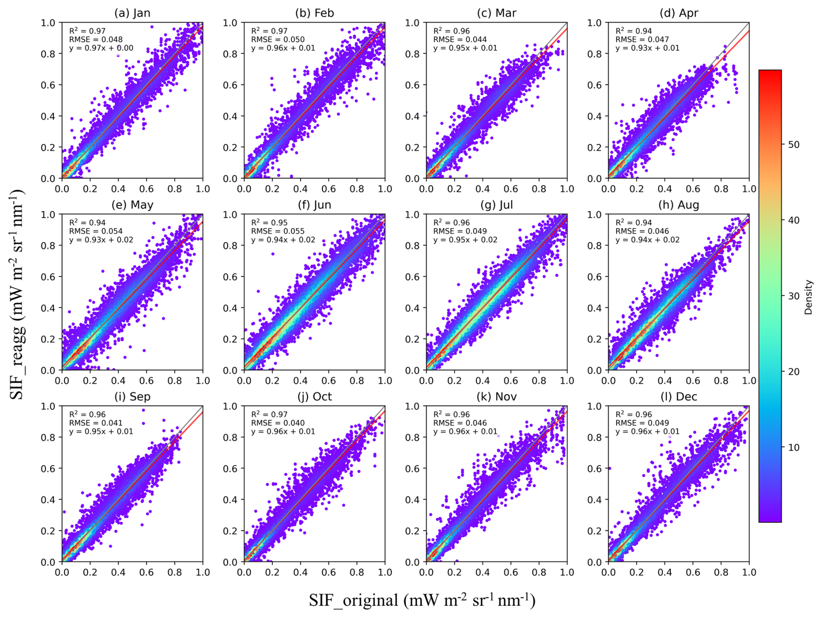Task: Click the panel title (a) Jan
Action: pos(132,13)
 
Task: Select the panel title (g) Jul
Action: pos(496,205)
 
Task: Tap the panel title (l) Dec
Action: pos(679,396)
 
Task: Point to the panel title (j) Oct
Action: pos(314,396)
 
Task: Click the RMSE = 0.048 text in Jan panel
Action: pos(96,40)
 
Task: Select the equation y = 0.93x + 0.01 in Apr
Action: pos(647,48)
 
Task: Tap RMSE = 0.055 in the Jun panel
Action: pos(278,231)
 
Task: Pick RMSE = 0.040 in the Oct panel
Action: pos(278,423)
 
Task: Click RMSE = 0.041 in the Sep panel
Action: pos(96,423)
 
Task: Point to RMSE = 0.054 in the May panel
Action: pos(96,231)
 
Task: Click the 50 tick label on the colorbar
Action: pos(793,145)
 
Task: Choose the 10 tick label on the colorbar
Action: pos(793,447)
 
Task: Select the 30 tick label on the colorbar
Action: pos(793,296)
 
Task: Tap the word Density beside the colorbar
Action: pos(808,297)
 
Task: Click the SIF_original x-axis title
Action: pos(422,600)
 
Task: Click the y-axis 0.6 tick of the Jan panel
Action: pos(48,85)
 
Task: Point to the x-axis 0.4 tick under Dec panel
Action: pos(665,572)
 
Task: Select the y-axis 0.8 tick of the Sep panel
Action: pos(48,437)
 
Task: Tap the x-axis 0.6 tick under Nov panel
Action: pos(510,572)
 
